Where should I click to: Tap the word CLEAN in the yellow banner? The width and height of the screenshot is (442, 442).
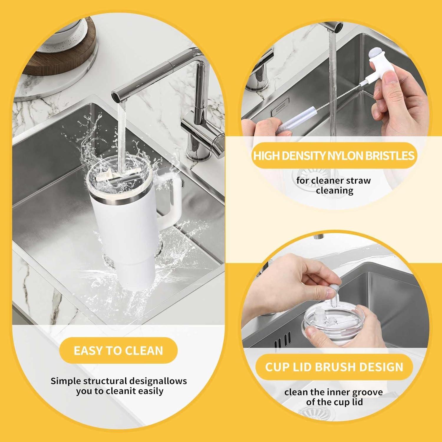coord(144,351)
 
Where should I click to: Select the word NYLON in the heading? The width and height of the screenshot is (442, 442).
coord(346,156)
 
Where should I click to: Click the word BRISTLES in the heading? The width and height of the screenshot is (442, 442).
coord(390,156)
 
